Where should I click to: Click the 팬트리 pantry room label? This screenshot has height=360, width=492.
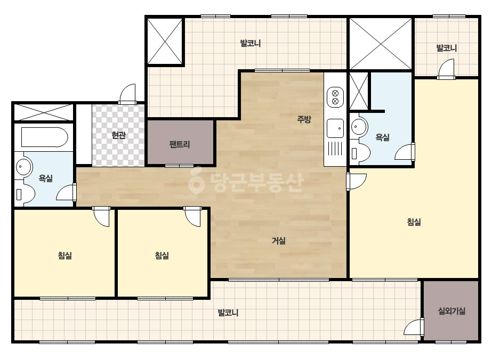pyautogui.click(x=180, y=144)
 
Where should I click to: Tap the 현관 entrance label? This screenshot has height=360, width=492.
pyautogui.click(x=119, y=135)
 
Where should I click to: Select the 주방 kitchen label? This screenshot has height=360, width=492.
pyautogui.click(x=304, y=119)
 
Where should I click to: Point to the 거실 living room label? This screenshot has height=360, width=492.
pyautogui.click(x=279, y=241)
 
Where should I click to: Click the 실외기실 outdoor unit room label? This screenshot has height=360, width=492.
pyautogui.click(x=451, y=311)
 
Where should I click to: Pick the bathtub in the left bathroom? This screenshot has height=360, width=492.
pyautogui.click(x=45, y=137)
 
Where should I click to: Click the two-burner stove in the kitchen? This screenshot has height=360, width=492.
pyautogui.click(x=335, y=97)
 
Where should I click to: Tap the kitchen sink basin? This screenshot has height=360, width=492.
pyautogui.click(x=335, y=128)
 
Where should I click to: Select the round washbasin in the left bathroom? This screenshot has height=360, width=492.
pyautogui.click(x=23, y=166)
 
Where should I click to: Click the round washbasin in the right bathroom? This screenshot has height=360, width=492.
pyautogui.click(x=359, y=127)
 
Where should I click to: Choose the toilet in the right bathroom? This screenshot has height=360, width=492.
pyautogui.click(x=360, y=153)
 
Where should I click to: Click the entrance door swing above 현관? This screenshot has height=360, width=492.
pyautogui.click(x=128, y=93)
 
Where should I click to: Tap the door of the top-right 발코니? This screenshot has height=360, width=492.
pyautogui.click(x=446, y=69)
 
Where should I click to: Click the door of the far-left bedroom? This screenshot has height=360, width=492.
pyautogui.click(x=101, y=216)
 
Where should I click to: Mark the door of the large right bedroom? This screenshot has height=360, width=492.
pyautogui.click(x=356, y=181)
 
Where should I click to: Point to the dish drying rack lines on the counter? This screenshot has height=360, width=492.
pyautogui.click(x=335, y=149)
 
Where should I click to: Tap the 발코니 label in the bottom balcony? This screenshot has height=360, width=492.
pyautogui.click(x=228, y=313)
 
